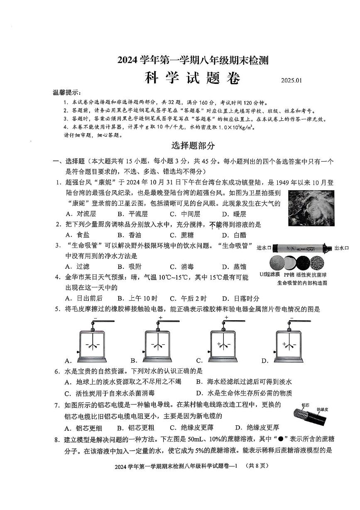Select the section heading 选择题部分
193,146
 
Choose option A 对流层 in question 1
81,214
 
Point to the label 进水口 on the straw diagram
264,248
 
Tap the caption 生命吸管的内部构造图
302,283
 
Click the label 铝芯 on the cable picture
305,405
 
